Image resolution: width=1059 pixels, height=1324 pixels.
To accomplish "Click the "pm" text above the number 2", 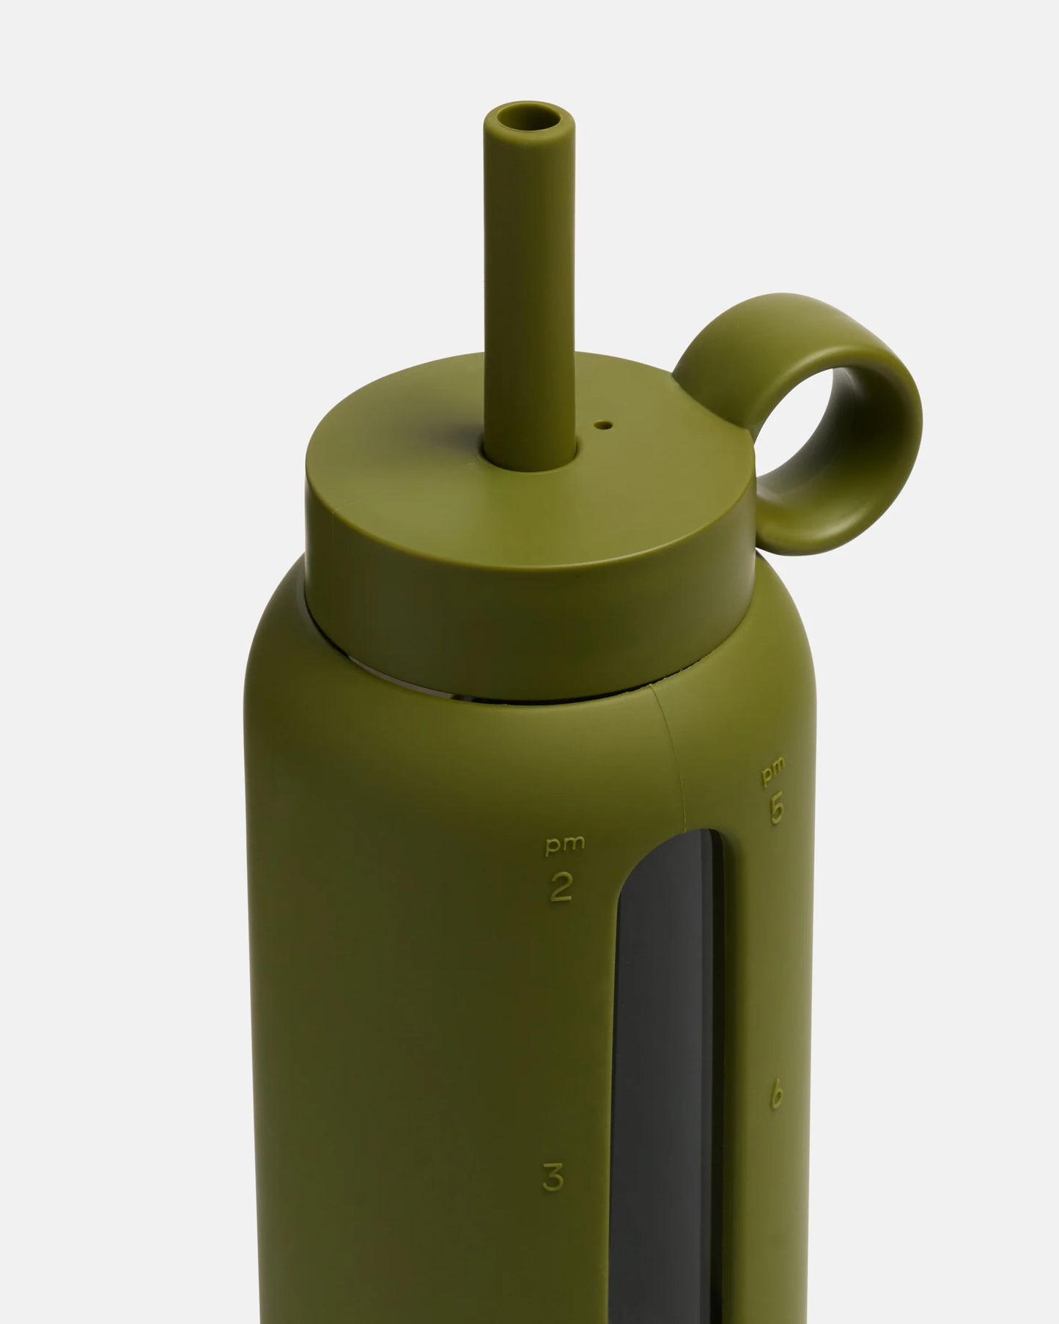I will pyautogui.click(x=565, y=844).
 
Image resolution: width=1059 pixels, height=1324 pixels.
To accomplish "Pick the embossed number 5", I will pyautogui.click(x=777, y=809).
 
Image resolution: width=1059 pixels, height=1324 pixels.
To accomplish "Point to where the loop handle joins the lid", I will pyautogui.click(x=740, y=469).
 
